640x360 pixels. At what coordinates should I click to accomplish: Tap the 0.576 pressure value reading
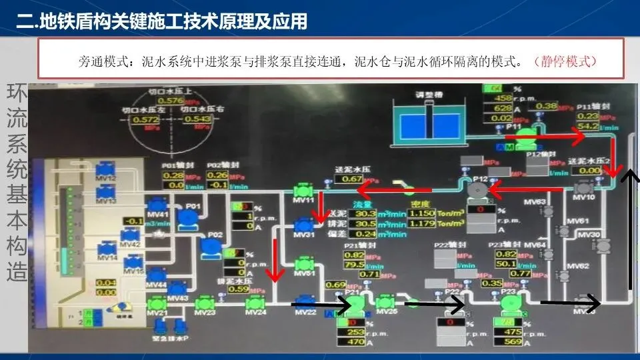(x=171, y=101)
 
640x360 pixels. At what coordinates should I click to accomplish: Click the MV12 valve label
(x=107, y=178)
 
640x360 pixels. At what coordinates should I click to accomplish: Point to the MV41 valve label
(x=157, y=213)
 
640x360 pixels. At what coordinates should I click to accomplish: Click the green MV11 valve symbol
(x=303, y=189)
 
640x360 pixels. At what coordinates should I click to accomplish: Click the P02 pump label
(x=215, y=235)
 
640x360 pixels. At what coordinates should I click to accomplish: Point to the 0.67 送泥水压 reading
(x=353, y=179)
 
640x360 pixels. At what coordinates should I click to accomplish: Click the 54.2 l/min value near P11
(x=588, y=126)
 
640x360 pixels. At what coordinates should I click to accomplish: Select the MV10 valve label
(x=584, y=197)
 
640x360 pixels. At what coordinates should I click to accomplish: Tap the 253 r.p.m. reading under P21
(x=355, y=333)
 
